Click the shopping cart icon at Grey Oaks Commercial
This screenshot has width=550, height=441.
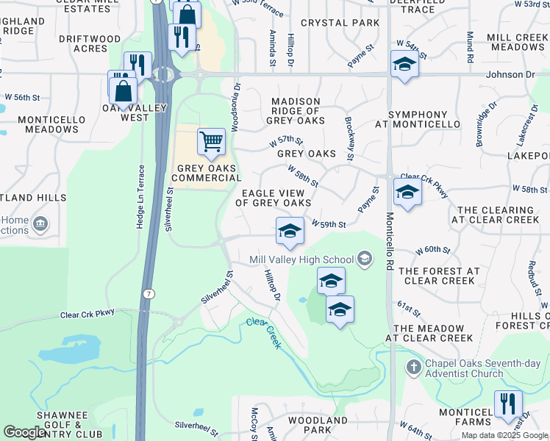pyautogui.click(x=211, y=141)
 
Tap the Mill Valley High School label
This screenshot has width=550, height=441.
pyautogui.click(x=301, y=259)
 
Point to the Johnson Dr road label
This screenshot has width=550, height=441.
pyautogui.click(x=510, y=75)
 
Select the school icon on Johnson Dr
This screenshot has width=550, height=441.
pyautogui.click(x=404, y=65)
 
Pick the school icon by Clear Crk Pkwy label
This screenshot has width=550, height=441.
pyautogui.click(x=407, y=193)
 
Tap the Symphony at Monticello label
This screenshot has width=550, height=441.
pyautogui.click(x=417, y=120)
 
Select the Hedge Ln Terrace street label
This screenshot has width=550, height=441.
pyautogui.click(x=140, y=196)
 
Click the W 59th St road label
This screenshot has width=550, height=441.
pyautogui.click(x=329, y=224)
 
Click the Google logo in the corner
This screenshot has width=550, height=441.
pyautogui.click(x=25, y=433)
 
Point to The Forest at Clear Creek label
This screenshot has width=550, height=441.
pyautogui.click(x=439, y=276)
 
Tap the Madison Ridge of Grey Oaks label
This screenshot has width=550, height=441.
pyautogui.click(x=296, y=111)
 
